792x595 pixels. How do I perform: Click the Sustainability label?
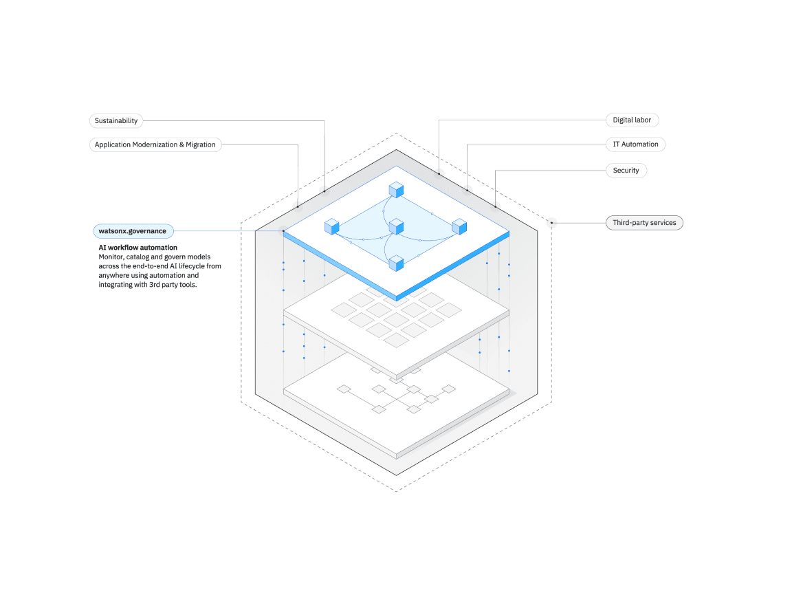pos(116,121)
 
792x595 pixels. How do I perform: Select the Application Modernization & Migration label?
pos(155,145)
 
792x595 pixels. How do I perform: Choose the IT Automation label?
pos(635,144)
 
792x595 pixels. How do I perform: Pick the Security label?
pos(626,171)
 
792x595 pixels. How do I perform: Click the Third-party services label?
pos(644,223)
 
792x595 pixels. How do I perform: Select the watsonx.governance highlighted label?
pos(133,231)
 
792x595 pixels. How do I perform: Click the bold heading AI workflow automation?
pos(137,248)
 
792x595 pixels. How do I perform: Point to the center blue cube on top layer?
pos(396,227)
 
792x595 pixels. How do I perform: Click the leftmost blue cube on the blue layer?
pos(332,226)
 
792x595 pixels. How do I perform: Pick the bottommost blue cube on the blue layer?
pos(396,262)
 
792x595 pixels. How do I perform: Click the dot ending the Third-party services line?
pos(551,223)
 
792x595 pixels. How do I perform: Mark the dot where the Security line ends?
pos(496,206)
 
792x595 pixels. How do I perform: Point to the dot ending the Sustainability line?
pos(324,191)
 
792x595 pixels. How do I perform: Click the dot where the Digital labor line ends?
pos(439,174)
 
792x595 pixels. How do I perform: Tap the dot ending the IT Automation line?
pos(467,191)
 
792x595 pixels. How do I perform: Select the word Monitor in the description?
pos(111,257)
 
